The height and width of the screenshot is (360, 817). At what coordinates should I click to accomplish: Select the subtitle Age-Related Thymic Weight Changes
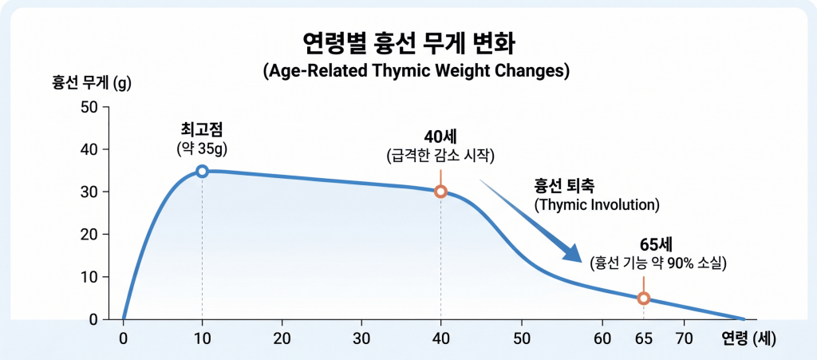(x=416, y=70)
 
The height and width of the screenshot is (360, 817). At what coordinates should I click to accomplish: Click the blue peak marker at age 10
(x=202, y=171)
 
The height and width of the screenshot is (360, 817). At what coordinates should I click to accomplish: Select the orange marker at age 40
(x=440, y=192)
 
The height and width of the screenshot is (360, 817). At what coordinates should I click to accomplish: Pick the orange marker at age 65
(x=643, y=299)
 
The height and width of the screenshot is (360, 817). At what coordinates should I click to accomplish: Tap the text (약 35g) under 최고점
(x=202, y=148)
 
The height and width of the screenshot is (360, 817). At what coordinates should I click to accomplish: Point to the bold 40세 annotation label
(x=440, y=135)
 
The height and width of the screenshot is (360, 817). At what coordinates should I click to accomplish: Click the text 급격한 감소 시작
(x=440, y=156)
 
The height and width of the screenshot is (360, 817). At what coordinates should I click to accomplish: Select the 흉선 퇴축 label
(x=564, y=185)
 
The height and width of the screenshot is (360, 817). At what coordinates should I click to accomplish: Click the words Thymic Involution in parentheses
(x=597, y=205)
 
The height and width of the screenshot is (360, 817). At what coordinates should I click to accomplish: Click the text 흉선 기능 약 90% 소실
(x=657, y=263)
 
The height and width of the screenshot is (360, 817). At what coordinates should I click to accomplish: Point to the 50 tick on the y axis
(x=89, y=107)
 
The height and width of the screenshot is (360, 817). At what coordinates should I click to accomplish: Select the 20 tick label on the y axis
(x=89, y=235)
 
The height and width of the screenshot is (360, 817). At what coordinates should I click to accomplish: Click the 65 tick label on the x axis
(x=643, y=338)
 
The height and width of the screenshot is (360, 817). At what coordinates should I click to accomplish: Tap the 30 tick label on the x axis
(x=361, y=338)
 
